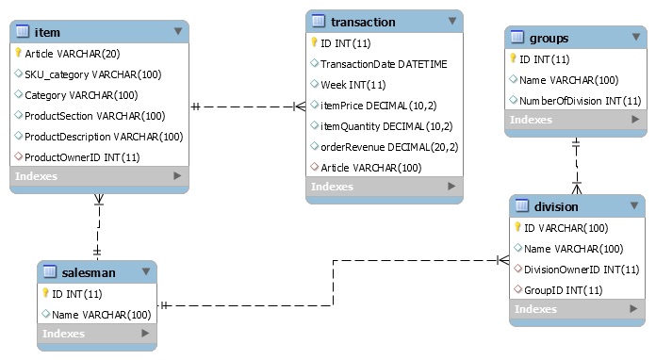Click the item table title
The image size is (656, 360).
(47, 32)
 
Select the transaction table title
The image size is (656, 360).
(363, 22)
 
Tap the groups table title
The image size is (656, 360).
(549, 38)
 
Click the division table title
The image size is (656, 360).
(556, 206)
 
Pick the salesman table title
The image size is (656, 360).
(89, 272)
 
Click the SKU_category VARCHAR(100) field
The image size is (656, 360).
(93, 74)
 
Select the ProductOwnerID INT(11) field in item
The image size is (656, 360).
(82, 157)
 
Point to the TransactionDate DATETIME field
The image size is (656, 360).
(384, 64)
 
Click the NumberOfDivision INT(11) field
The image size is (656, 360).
(581, 101)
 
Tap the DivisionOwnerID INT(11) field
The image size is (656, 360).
(582, 270)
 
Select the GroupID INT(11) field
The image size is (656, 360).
(563, 290)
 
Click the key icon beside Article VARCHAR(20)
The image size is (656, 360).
(18, 53)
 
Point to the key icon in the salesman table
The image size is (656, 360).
(45, 293)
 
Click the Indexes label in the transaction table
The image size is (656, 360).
(332, 187)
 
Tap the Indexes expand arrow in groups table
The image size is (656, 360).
(635, 119)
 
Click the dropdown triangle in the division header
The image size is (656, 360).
(634, 205)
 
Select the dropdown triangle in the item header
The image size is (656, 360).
(178, 31)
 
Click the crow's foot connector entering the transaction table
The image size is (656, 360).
(300, 106)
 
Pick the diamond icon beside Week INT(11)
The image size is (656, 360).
(314, 84)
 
